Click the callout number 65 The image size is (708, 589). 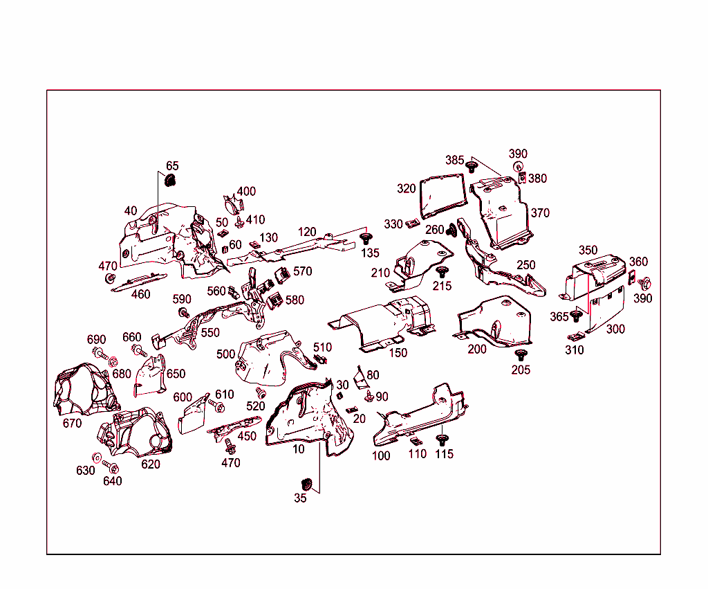coord(172,166)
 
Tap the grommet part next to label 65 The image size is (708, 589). coord(171,181)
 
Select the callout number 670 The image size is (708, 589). coord(72,423)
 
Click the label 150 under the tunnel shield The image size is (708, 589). coord(398,352)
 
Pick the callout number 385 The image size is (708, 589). coord(454,160)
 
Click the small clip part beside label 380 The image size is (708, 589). coord(523,178)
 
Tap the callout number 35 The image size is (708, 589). coord(300,498)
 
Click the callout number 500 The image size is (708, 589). coord(225,354)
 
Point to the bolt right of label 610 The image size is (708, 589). coord(213,404)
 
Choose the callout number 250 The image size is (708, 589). coord(525,265)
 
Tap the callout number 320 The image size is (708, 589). coord(407,188)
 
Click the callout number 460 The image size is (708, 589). coord(140,294)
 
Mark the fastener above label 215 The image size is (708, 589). coord(442,271)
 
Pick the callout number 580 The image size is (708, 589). coord(295,300)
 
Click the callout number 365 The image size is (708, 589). coord(559,316)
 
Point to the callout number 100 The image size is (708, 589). coord(381,455)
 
